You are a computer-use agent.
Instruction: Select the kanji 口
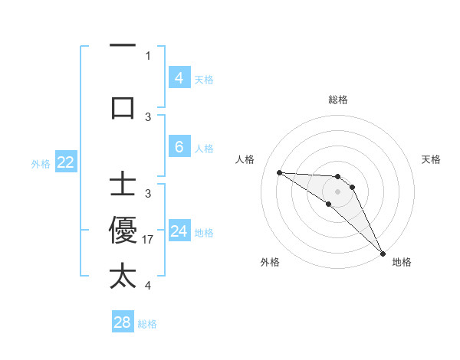[x=123, y=108]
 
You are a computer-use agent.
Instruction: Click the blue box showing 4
[x=179, y=77]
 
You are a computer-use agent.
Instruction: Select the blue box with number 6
[x=179, y=147]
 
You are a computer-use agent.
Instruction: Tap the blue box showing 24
[x=179, y=231]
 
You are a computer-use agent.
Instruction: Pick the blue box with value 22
[x=65, y=162]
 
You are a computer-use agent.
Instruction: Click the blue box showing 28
[x=123, y=322]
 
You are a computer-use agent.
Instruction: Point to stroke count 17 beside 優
[x=149, y=239]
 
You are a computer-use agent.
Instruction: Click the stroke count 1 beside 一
[x=148, y=56]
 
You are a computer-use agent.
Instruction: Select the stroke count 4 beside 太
[x=148, y=285]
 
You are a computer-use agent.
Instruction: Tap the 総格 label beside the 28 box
[x=148, y=324]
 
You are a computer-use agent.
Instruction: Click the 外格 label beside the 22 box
[x=41, y=163]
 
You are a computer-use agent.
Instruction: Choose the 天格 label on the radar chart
[x=432, y=159]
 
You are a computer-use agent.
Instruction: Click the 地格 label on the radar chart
[x=402, y=262]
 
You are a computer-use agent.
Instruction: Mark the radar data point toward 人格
[x=279, y=172]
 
